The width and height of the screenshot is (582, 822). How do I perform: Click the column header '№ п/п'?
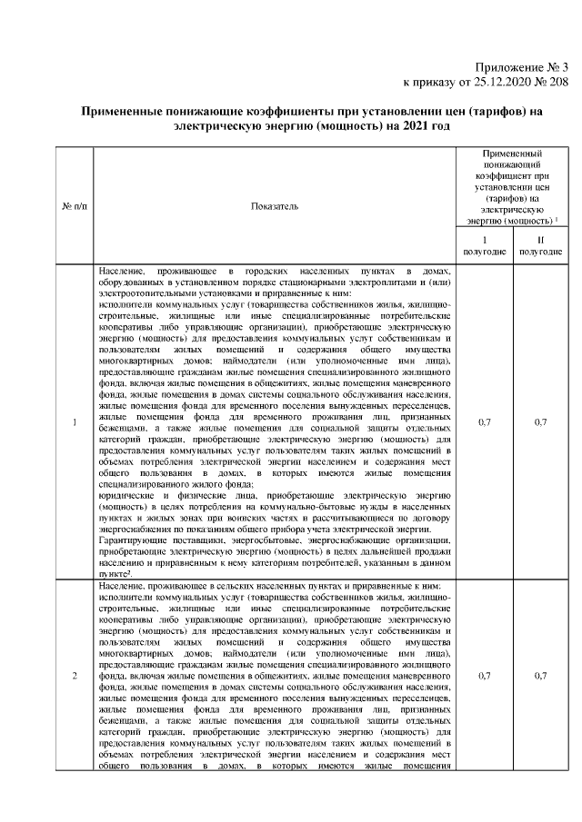coord(74,207)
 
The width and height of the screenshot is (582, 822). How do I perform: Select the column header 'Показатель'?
coord(274,207)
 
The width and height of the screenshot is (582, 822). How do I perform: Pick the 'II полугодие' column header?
coord(540,245)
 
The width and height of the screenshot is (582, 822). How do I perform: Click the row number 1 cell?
coord(74,421)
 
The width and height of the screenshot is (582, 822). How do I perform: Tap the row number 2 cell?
coord(74,676)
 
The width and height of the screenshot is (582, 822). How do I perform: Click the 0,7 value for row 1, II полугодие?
coord(540,421)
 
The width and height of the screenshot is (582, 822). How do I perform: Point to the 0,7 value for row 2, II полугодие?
coord(540,676)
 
